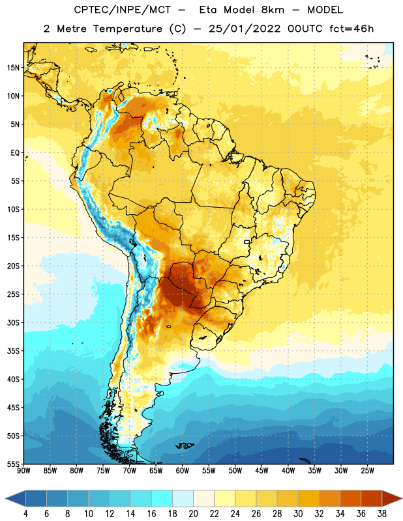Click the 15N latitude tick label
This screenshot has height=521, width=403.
pos(13,68)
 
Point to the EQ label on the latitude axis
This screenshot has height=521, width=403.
pos(15,153)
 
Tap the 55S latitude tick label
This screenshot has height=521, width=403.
pos(13,464)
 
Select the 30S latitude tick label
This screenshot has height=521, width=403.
pos(13,322)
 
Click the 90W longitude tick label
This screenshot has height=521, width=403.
pos(23,471)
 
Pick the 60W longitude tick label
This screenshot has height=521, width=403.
pos(183,471)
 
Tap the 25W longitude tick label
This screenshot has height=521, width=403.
pos(367,471)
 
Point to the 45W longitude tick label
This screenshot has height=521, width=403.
pos(261,471)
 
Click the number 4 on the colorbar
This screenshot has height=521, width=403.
pos(25,514)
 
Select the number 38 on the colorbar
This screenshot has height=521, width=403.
pos(381,514)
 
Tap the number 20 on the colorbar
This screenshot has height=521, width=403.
pos(193,514)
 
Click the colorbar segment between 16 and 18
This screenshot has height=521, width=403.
pos(162,499)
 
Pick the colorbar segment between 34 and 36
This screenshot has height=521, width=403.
pos(350,499)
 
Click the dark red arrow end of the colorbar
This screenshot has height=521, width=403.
pos(391,499)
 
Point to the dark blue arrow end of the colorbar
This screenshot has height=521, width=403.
pos(16,499)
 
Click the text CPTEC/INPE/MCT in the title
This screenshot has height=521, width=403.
pos(123,10)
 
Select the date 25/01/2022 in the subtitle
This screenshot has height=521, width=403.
pos(245,29)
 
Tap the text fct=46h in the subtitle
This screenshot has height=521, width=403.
pos(351,29)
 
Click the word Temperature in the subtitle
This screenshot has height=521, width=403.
pos(127,29)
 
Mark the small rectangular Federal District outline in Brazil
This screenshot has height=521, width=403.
pos(246,242)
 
